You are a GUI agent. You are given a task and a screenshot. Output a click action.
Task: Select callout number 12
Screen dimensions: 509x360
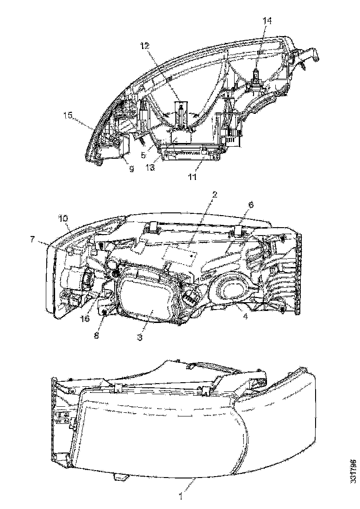(x=146, y=45)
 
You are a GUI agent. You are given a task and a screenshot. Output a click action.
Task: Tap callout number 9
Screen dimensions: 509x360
(x=131, y=169)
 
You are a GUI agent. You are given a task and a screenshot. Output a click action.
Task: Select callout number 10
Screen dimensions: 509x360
(x=63, y=218)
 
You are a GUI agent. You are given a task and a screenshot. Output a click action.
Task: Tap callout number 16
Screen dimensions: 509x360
(x=85, y=319)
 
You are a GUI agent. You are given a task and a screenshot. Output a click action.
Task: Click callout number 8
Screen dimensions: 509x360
(x=96, y=335)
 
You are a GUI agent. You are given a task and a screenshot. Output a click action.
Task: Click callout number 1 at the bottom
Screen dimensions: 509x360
(x=181, y=499)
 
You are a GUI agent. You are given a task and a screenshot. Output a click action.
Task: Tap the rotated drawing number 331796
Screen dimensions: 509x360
(x=353, y=471)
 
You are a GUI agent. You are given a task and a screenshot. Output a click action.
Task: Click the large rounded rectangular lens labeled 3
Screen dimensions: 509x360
(x=146, y=296)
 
